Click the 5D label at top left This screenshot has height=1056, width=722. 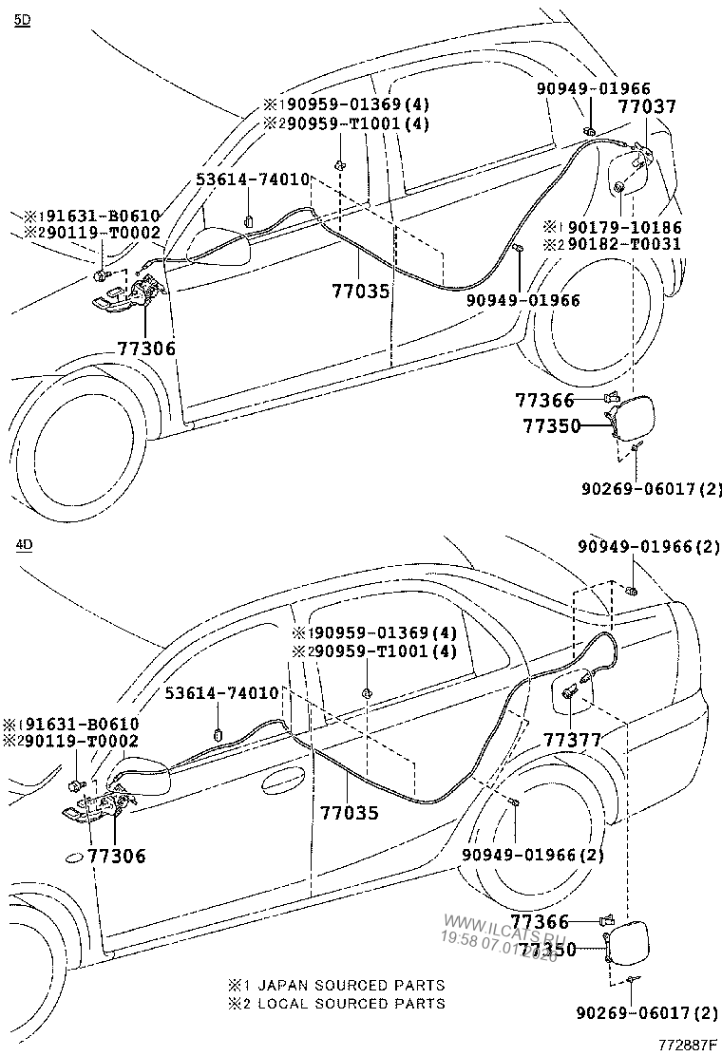click(x=23, y=20)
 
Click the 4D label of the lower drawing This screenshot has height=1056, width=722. click(x=23, y=545)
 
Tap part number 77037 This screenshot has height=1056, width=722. click(x=648, y=106)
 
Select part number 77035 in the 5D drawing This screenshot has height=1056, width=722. click(x=361, y=291)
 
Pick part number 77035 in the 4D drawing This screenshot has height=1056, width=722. click(x=349, y=813)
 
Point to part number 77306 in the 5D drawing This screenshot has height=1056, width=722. click(x=146, y=349)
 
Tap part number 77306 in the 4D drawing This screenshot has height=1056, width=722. click(x=117, y=856)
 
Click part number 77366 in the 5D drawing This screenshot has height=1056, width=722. click(x=544, y=402)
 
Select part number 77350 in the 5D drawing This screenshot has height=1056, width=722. click(x=550, y=426)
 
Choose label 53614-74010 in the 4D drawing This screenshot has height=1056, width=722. click(x=222, y=693)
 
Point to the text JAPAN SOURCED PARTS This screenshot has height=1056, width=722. click(x=351, y=986)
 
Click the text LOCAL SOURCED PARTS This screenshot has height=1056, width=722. click(x=351, y=1003)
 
